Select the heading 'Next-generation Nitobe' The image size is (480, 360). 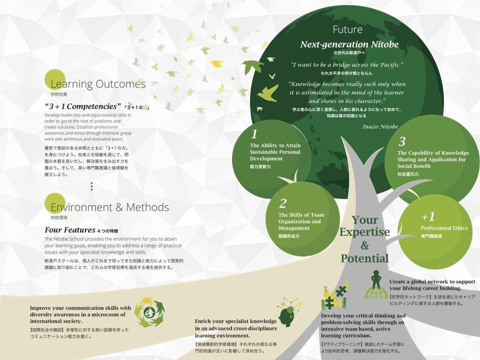[x=349, y=44]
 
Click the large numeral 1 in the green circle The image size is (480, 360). [x=254, y=134]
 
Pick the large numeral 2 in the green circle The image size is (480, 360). [x=283, y=203]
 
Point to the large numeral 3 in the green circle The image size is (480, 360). [x=402, y=141]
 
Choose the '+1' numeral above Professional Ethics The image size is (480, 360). [x=428, y=216]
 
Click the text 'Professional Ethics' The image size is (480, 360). [x=444, y=228]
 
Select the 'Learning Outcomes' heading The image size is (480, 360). [x=98, y=84]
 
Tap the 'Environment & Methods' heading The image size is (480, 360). [x=109, y=207]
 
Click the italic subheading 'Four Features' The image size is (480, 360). [x=70, y=230]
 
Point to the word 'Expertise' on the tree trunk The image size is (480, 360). [x=364, y=232]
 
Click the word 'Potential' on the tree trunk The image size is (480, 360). [x=364, y=258]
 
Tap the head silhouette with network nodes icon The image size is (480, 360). [x=289, y=312]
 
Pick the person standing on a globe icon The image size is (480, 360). [x=376, y=284]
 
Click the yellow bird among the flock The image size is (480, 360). [x=216, y=63]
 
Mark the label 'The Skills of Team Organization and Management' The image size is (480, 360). [x=301, y=221]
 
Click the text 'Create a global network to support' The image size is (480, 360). [x=432, y=281]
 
